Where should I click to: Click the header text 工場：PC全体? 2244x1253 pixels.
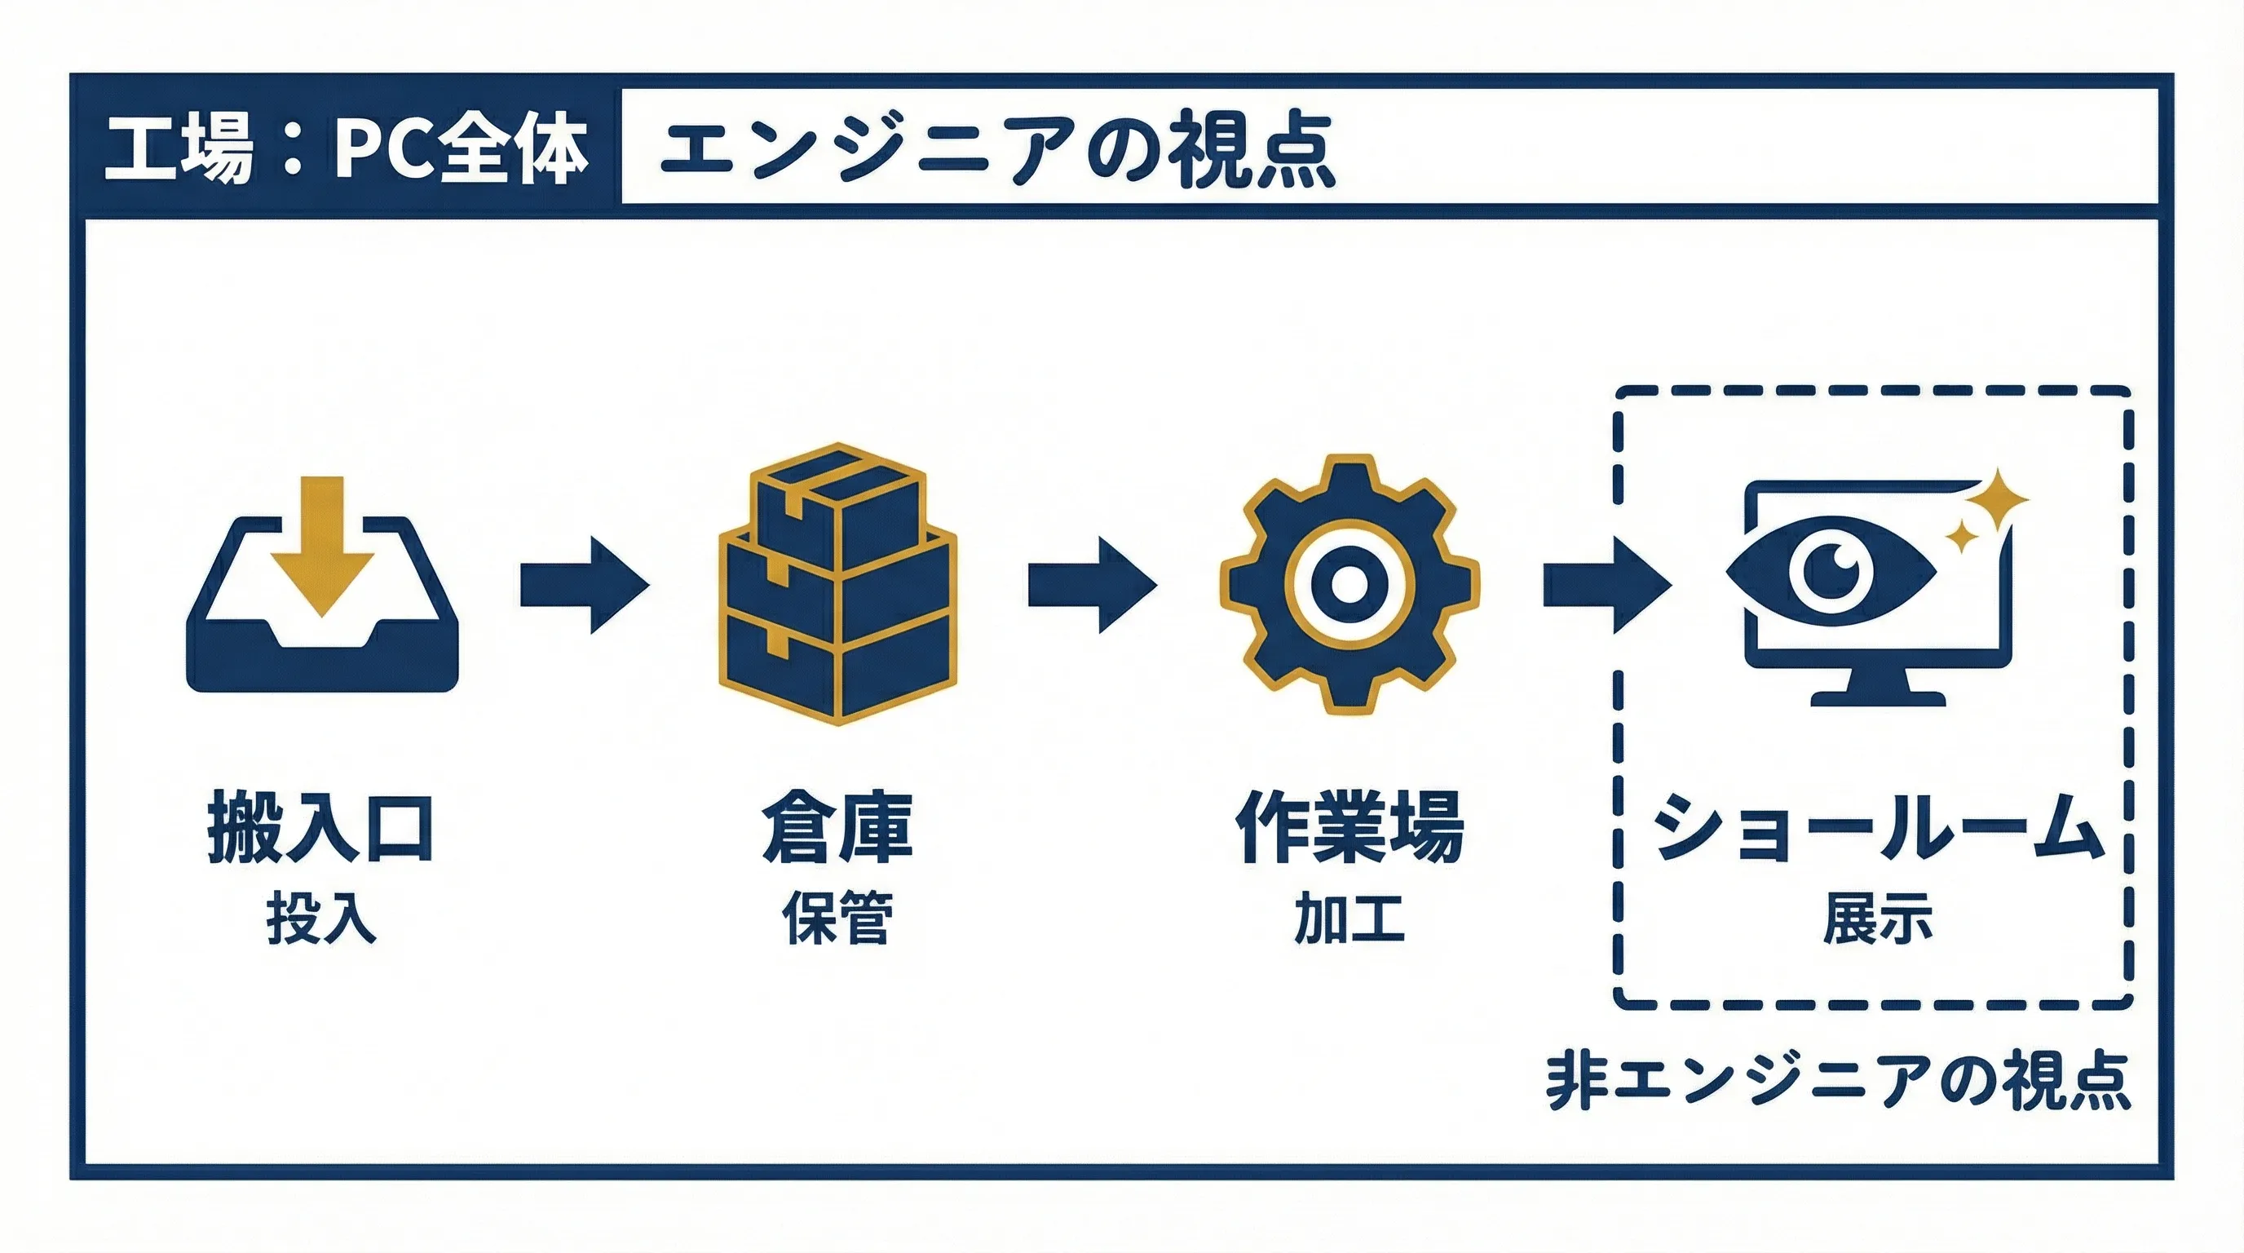coord(346,148)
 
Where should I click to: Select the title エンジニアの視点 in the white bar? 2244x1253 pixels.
coord(996,149)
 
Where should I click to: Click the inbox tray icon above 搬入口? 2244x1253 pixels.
coord(322,644)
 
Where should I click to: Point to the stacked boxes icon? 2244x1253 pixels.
coord(837,583)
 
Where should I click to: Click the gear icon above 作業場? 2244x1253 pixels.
coord(1349,583)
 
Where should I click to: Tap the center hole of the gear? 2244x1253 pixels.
coord(1349,583)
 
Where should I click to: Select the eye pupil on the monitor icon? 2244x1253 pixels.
coord(1831,571)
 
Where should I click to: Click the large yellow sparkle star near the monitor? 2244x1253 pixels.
coord(1999,500)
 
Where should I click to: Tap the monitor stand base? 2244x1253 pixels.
coord(1877,697)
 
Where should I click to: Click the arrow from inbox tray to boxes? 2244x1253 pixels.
coord(585,584)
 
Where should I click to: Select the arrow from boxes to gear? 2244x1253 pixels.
coord(1093,584)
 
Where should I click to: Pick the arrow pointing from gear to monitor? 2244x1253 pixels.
coord(1606,584)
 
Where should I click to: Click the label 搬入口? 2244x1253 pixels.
coord(320,827)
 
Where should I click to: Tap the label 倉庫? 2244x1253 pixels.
coord(837,827)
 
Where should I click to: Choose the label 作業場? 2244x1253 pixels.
coord(1349,827)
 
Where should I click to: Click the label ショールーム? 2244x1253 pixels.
coord(1877,827)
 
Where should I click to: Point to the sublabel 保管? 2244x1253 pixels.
coord(837,919)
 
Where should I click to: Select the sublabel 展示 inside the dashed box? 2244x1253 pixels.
coord(1877,919)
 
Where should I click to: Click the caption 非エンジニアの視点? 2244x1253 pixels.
coord(1838,1082)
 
